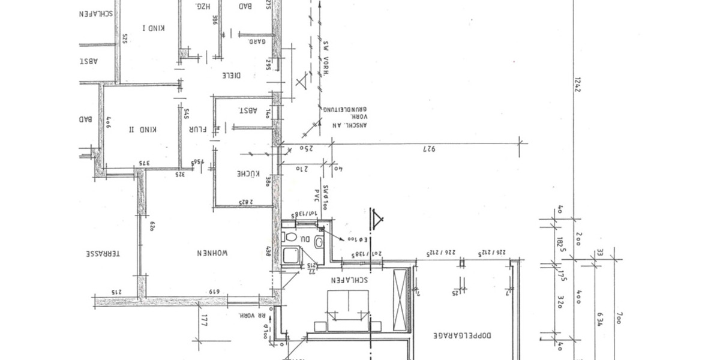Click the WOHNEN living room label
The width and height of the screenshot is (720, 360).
coord(211,254)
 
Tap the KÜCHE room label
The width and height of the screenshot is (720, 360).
coord(248,174)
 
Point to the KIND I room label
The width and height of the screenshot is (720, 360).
coord(154,28)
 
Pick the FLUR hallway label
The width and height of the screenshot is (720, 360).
coord(198,129)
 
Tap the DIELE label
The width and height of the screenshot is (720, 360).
coord(232,76)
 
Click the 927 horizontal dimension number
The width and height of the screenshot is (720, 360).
coord(428,148)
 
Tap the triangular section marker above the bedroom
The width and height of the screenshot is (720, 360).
coord(377,220)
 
